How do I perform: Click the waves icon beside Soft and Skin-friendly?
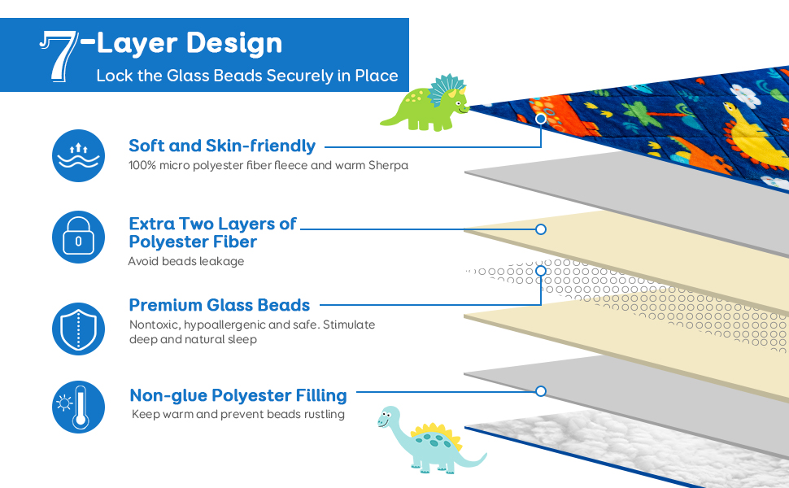coord(78,155)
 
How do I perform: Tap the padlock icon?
coord(78,237)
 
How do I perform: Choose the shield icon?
coord(78,328)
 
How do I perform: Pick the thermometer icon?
coord(78,407)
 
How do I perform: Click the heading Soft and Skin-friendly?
coord(222,146)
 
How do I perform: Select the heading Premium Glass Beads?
coord(220,305)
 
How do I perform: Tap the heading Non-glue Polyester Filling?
coord(238,395)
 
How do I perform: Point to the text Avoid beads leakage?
coord(186,261)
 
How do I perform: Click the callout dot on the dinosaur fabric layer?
coord(541,119)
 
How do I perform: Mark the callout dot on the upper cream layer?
coord(541,229)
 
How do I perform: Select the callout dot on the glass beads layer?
coord(541,271)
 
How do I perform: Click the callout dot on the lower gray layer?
coord(541,391)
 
